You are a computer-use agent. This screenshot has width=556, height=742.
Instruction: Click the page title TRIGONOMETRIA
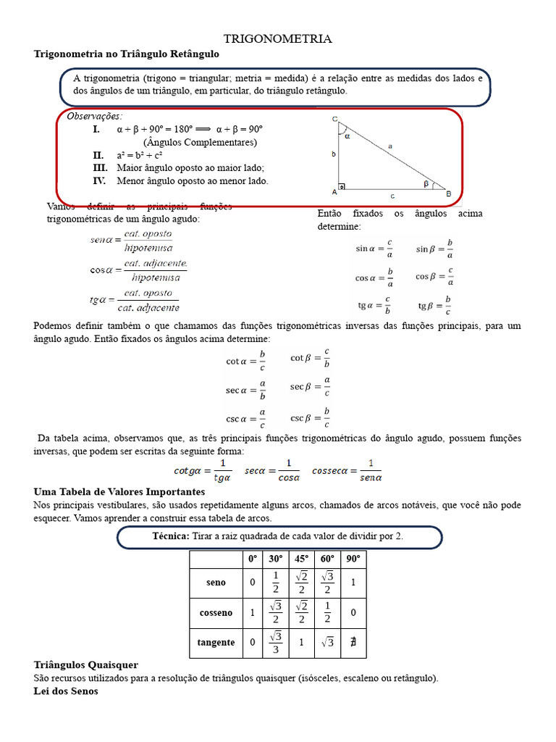click(x=277, y=39)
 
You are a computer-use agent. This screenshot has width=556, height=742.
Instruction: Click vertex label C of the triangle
click(x=334, y=119)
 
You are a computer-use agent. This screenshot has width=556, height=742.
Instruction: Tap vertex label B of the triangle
click(x=449, y=193)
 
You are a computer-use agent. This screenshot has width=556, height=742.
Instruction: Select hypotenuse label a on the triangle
click(x=390, y=146)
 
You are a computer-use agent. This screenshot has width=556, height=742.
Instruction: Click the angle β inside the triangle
click(x=426, y=184)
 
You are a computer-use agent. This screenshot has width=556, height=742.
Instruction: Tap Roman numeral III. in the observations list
click(x=100, y=167)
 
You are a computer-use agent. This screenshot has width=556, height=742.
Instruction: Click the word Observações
click(x=95, y=116)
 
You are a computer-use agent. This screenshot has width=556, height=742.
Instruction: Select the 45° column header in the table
click(x=300, y=559)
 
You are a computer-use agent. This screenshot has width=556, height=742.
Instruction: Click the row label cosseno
click(x=216, y=612)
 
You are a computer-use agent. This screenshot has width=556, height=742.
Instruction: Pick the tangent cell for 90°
click(x=353, y=642)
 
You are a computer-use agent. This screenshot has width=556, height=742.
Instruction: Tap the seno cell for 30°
click(x=275, y=582)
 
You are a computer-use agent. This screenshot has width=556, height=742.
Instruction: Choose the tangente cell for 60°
click(x=327, y=642)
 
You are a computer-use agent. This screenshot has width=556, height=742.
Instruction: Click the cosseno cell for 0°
click(x=252, y=612)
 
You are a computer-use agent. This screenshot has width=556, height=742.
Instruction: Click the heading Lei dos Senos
click(x=66, y=691)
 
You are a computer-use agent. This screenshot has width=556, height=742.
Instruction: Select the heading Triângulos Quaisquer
click(x=86, y=664)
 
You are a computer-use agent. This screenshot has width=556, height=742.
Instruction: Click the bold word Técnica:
click(x=171, y=536)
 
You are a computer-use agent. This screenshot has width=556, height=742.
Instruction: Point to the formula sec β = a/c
click(x=311, y=387)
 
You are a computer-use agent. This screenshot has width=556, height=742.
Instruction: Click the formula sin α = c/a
click(x=374, y=249)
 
